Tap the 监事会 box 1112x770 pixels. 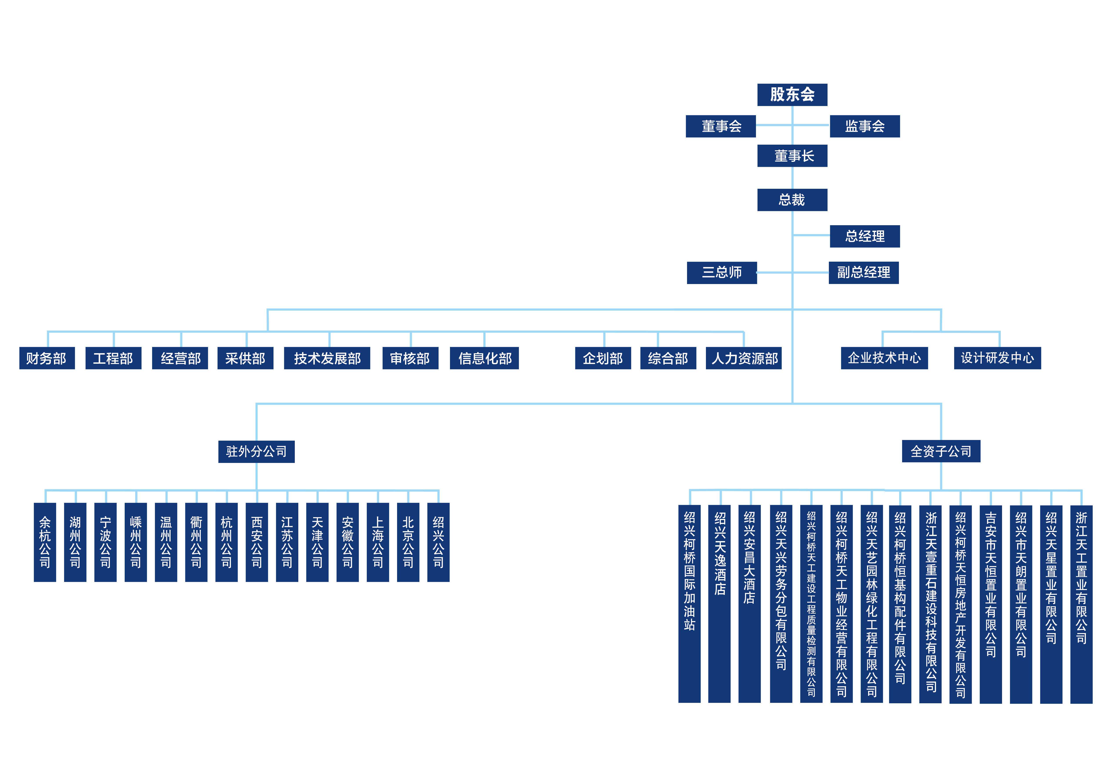point(865,126)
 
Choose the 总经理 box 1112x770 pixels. point(865,236)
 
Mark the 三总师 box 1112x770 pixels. point(722,273)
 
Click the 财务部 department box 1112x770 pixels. point(47,358)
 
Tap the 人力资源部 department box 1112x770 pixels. point(743,358)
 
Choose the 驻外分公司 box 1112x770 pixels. point(256,452)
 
